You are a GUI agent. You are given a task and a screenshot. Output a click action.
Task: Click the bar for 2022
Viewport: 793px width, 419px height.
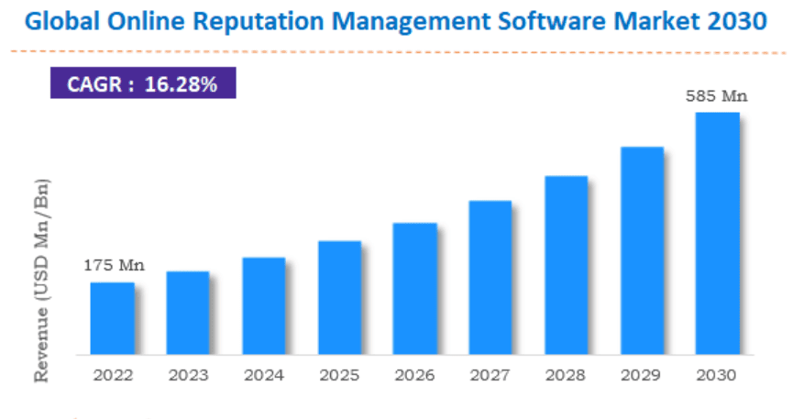pyautogui.click(x=112, y=318)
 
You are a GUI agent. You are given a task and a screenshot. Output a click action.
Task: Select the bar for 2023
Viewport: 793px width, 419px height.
pyautogui.click(x=188, y=313)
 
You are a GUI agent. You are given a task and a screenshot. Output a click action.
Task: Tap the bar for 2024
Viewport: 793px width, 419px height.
pyautogui.click(x=264, y=305)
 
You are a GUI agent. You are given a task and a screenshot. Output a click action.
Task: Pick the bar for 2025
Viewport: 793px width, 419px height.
pyautogui.click(x=339, y=298)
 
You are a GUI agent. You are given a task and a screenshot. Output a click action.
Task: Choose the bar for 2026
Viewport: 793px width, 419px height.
pyautogui.click(x=415, y=289)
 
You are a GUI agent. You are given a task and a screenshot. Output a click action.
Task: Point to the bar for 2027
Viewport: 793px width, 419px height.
pyautogui.click(x=490, y=277)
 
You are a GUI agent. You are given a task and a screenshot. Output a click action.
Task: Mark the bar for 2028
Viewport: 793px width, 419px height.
pyautogui.click(x=567, y=265)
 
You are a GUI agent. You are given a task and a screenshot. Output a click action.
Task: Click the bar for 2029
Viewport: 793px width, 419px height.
pyautogui.click(x=642, y=250)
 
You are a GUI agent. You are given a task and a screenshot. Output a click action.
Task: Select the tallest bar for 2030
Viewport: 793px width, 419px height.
pyautogui.click(x=718, y=233)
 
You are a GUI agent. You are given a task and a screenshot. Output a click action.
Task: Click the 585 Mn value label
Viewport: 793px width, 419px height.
pyautogui.click(x=718, y=95)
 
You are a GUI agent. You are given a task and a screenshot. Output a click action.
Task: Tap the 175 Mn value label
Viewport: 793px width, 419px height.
pyautogui.click(x=114, y=266)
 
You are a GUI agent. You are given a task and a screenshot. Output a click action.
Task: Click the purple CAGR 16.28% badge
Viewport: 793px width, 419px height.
pyautogui.click(x=142, y=85)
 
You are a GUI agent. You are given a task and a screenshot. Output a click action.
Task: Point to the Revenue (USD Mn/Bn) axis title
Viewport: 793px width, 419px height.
pyautogui.click(x=41, y=280)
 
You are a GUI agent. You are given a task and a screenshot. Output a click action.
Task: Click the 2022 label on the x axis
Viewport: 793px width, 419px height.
pyautogui.click(x=113, y=375)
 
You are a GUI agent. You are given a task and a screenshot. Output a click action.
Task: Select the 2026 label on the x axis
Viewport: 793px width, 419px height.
pyautogui.click(x=415, y=375)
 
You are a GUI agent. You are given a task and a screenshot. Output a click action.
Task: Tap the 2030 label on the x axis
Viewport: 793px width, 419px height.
pyautogui.click(x=718, y=375)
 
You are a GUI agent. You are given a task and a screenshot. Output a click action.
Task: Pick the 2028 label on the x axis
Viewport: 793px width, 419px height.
pyautogui.click(x=567, y=375)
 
